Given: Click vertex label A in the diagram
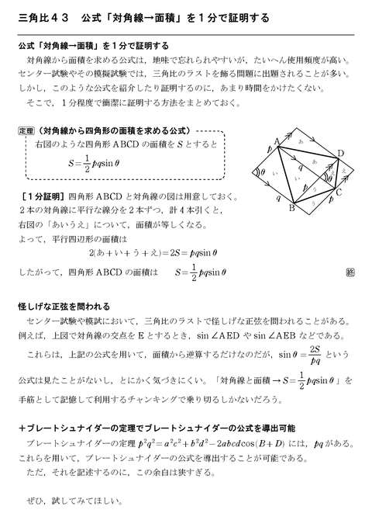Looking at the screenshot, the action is click(277, 140).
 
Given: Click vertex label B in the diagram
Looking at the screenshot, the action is click(292, 208).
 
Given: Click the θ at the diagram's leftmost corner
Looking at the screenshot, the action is click(263, 172).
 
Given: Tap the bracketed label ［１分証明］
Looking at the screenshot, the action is click(43, 196).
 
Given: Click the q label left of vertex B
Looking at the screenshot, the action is click(277, 199).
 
